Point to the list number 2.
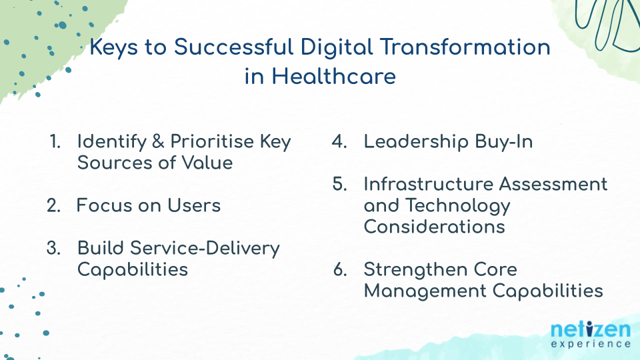tap(54, 205)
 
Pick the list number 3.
tap(54, 248)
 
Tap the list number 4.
tap(339, 142)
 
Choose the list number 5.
tap(339, 184)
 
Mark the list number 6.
tap(340, 270)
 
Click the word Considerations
tap(434, 227)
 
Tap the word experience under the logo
tap(591, 344)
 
